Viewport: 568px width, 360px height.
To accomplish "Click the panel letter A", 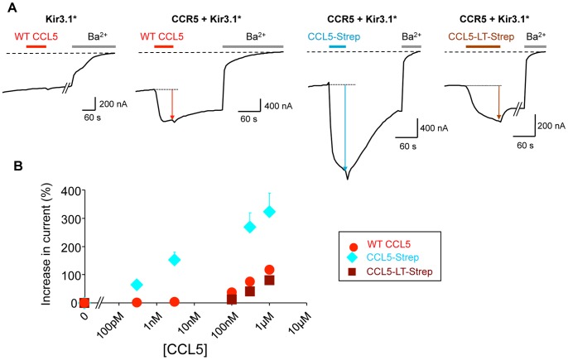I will (x=7, y=7).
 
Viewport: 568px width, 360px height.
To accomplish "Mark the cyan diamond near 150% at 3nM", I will (x=174, y=259).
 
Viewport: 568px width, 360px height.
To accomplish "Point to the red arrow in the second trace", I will (x=172, y=104).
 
